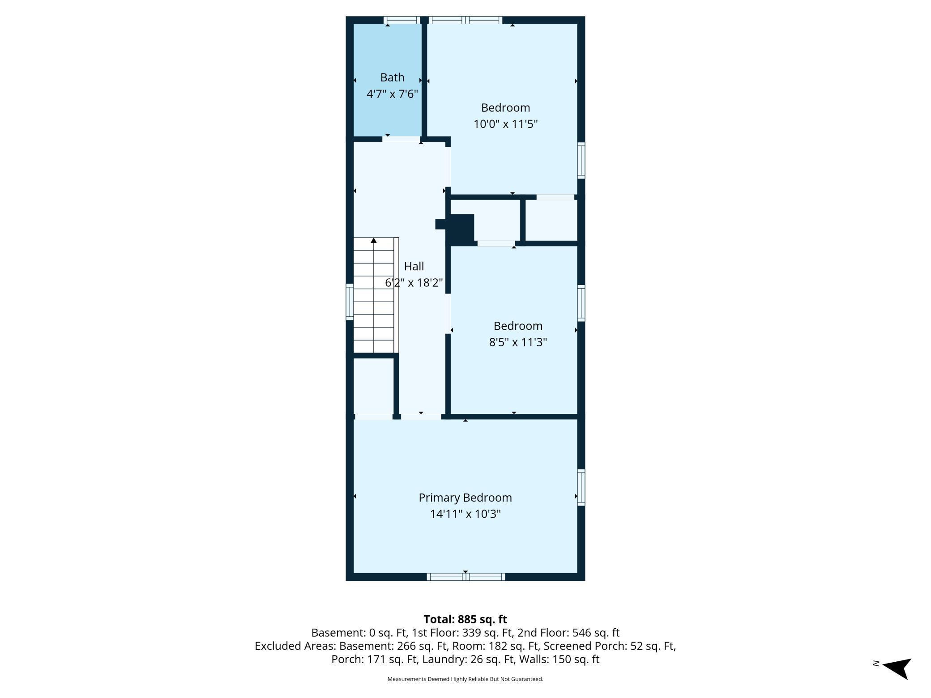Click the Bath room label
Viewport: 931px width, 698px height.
pos(392,77)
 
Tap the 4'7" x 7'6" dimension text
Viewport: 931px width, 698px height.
pos(392,94)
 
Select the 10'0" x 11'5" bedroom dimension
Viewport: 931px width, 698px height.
pos(505,124)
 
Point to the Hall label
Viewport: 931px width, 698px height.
pos(414,266)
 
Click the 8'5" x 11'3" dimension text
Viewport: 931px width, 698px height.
pos(518,342)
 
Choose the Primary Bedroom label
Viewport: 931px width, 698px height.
pos(465,498)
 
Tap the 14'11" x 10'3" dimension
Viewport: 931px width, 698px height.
pos(465,514)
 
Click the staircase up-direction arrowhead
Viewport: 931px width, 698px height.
pos(374,241)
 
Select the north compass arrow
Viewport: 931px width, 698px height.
pos(897,668)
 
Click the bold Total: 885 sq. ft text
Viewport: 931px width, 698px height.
pos(465,619)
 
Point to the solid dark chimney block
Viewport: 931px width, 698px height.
pos(458,230)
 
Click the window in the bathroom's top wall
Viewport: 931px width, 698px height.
pos(402,20)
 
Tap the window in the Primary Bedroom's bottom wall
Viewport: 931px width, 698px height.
pos(466,577)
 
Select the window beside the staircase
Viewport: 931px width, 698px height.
pos(350,302)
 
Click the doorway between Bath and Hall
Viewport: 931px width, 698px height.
pos(401,139)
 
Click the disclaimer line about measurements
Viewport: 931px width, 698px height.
pos(465,679)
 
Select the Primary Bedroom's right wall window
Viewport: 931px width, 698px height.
pos(581,487)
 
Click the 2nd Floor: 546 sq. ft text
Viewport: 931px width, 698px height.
pos(568,633)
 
